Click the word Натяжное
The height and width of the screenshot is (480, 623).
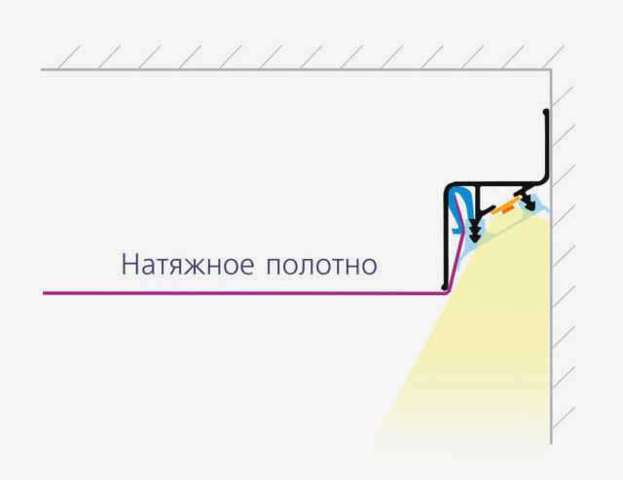187,265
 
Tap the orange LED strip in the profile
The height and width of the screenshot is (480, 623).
505,206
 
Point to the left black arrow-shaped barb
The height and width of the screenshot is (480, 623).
475,232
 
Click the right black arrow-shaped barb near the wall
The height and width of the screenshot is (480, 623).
530,203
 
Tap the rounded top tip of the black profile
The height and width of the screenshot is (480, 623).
546,112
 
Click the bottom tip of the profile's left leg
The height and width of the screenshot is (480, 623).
445,286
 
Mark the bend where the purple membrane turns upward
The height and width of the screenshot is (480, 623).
447,293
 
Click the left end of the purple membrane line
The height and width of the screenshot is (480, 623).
44,293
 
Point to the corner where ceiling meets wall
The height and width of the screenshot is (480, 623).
551,70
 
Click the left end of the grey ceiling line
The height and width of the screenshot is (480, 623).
41,70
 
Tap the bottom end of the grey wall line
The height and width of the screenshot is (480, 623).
551,443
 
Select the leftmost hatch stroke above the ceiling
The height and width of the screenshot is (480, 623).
69,57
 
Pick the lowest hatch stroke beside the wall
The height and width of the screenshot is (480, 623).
564,418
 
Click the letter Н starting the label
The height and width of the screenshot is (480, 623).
129,265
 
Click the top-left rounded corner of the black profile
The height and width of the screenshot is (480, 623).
449,187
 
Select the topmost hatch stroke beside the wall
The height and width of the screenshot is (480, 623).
564,97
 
